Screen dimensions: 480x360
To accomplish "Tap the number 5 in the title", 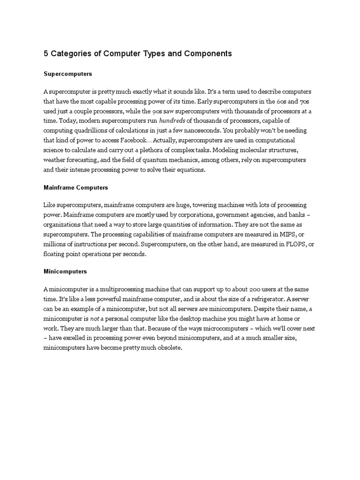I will pos(46,53).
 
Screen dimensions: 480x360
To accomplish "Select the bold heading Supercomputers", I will pos(67,74).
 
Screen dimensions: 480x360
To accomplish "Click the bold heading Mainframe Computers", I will pos(75,187).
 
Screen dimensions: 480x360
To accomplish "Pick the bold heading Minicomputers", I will pos(65,271).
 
